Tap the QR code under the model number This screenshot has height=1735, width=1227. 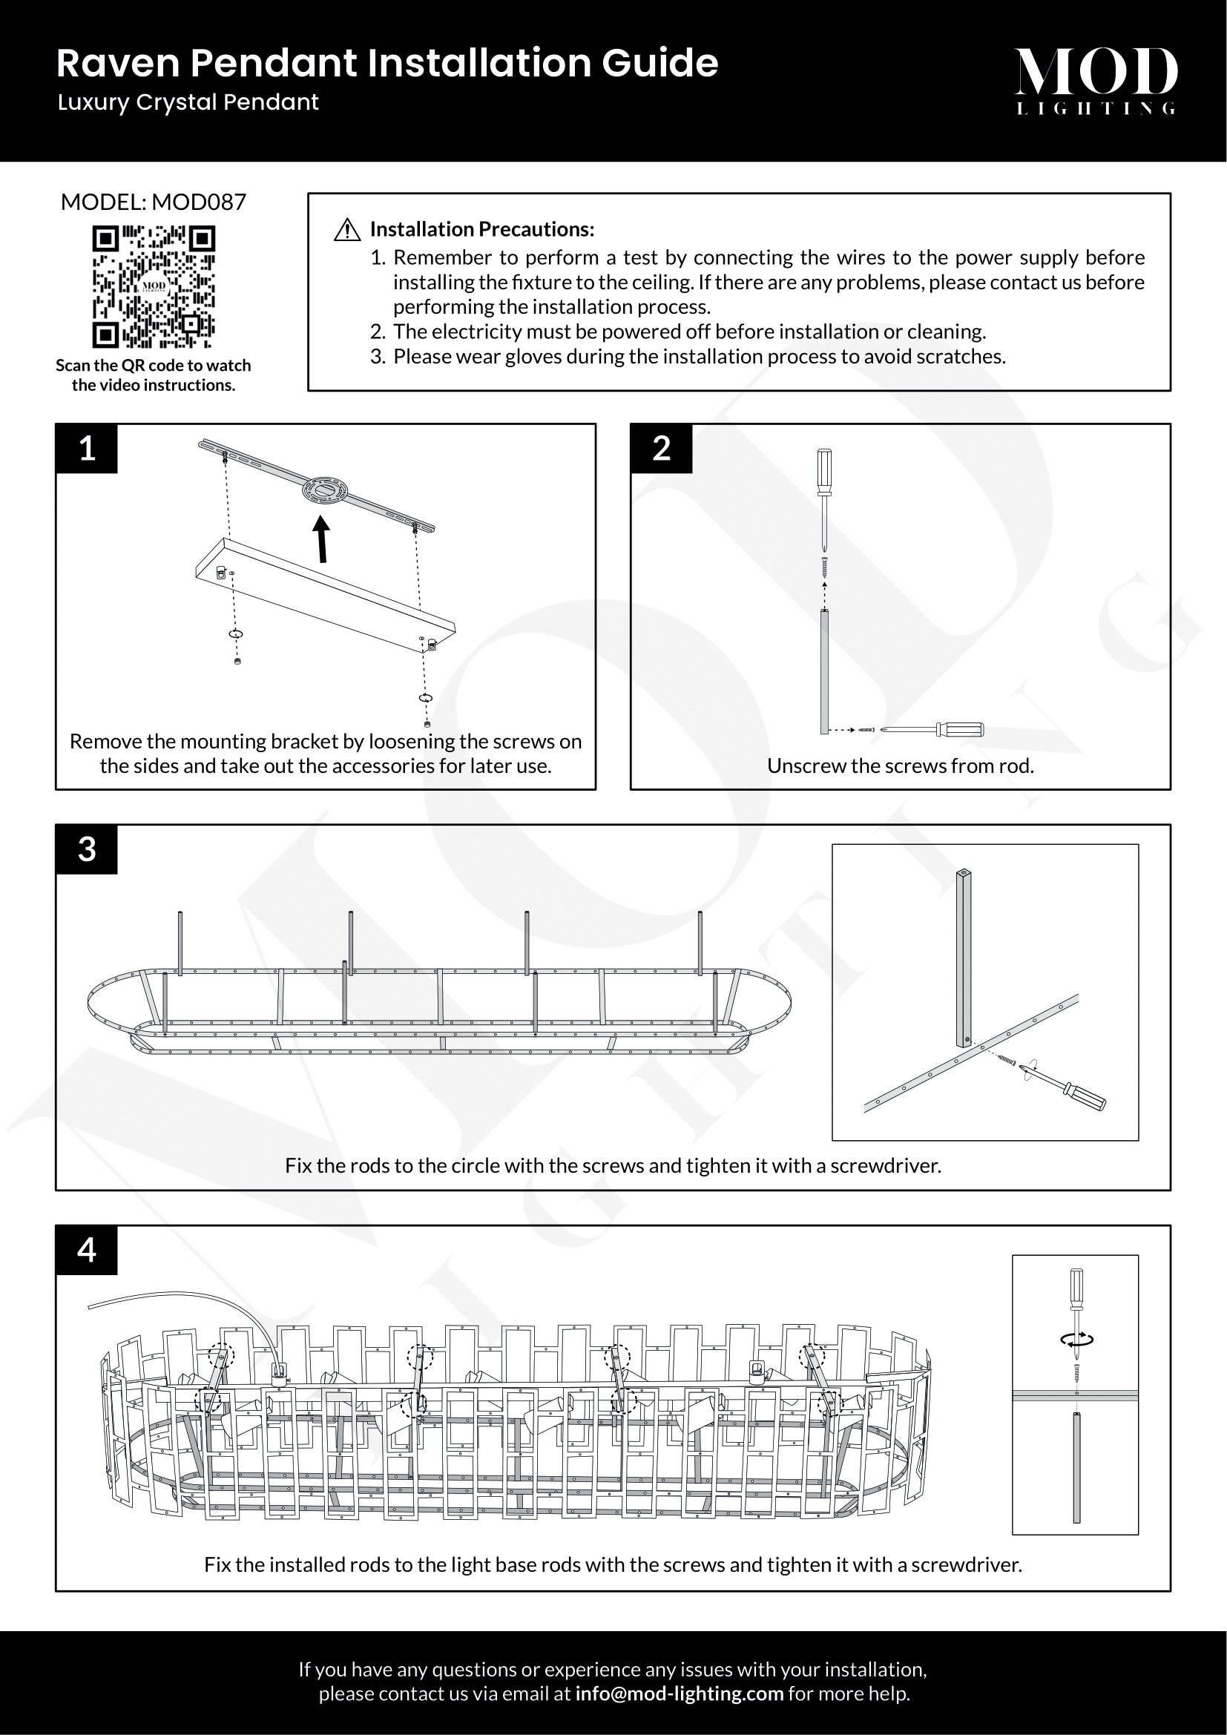pos(154,286)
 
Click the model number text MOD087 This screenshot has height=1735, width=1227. pos(199,202)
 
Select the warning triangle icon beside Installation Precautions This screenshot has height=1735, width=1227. pos(346,230)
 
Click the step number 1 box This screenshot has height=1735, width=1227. pos(87,449)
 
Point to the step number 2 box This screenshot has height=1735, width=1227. pos(661,449)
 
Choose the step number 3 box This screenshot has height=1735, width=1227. pos(87,849)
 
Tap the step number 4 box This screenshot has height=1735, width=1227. pos(87,1251)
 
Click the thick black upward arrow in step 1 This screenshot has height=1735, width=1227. pos(323,539)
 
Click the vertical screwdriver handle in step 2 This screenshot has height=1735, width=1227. pos(824,472)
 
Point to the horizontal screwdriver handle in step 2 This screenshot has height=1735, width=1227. pos(959,729)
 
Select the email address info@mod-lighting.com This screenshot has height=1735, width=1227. pos(679,1693)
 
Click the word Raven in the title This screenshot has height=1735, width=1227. pos(119,64)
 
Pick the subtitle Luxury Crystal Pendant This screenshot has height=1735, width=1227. pos(188,103)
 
